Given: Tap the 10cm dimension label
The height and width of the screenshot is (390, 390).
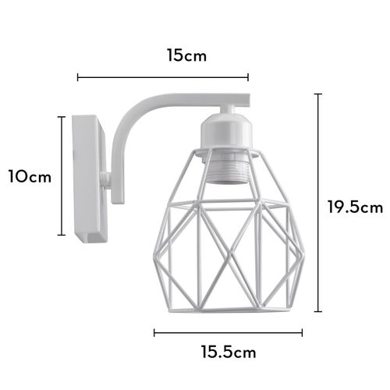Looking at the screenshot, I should point(30,176).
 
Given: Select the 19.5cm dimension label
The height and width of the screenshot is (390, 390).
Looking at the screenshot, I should point(355,207).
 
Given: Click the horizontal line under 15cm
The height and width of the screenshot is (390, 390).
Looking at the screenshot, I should point(162,77).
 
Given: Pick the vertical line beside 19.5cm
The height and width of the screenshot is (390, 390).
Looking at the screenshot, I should point(317,203).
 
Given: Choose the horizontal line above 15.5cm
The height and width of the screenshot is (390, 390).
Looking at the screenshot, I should point(228,332).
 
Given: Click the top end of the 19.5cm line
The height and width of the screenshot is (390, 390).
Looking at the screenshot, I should point(317,94).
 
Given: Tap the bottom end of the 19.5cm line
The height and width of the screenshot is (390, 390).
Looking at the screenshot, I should point(317,312).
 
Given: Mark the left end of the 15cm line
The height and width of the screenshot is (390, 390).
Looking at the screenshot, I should point(77,77).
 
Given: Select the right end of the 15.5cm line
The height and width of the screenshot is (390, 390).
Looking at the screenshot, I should point(302,332).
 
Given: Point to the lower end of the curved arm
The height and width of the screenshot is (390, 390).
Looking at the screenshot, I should point(117,195).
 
